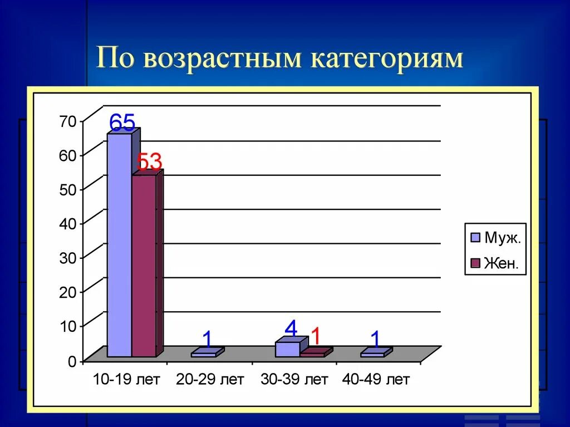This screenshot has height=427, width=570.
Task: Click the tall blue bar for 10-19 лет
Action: click(119, 245)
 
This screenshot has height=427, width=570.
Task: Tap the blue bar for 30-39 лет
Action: click(287, 349)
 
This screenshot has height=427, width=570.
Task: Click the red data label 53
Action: click(149, 163)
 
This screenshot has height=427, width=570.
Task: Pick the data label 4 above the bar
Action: click(291, 328)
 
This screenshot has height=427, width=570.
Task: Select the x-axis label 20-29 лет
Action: click(210, 380)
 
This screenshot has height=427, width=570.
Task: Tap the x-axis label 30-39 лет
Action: click(294, 380)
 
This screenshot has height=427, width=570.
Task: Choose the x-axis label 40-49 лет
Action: click(376, 380)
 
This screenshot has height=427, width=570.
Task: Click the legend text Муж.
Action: click(503, 238)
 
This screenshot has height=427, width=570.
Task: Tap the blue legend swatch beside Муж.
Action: click(475, 238)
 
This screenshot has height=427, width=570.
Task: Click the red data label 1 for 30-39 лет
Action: click(316, 336)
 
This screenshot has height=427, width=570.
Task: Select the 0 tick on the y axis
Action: click(72, 361)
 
